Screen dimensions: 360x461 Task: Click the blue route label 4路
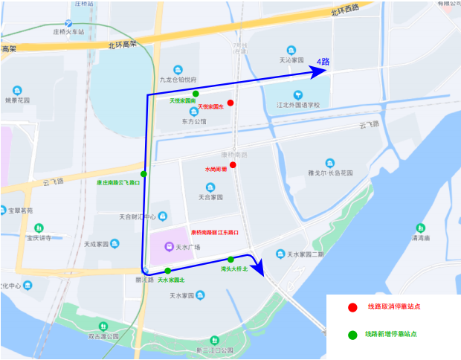[x=323, y=61]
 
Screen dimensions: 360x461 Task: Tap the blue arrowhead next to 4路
[x=320, y=71]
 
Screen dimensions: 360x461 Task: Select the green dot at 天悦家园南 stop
[x=196, y=94]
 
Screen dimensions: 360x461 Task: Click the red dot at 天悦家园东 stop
[x=231, y=103]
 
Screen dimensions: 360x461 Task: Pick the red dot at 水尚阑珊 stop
[x=233, y=165]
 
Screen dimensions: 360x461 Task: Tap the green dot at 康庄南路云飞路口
[x=144, y=174]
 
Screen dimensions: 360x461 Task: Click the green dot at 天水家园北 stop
[x=168, y=271]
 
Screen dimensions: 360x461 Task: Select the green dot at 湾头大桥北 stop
[x=230, y=260]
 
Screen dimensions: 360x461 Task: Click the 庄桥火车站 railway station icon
[x=68, y=23]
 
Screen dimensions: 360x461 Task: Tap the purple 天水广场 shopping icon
[x=169, y=246]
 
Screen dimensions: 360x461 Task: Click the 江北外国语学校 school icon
[x=298, y=94]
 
